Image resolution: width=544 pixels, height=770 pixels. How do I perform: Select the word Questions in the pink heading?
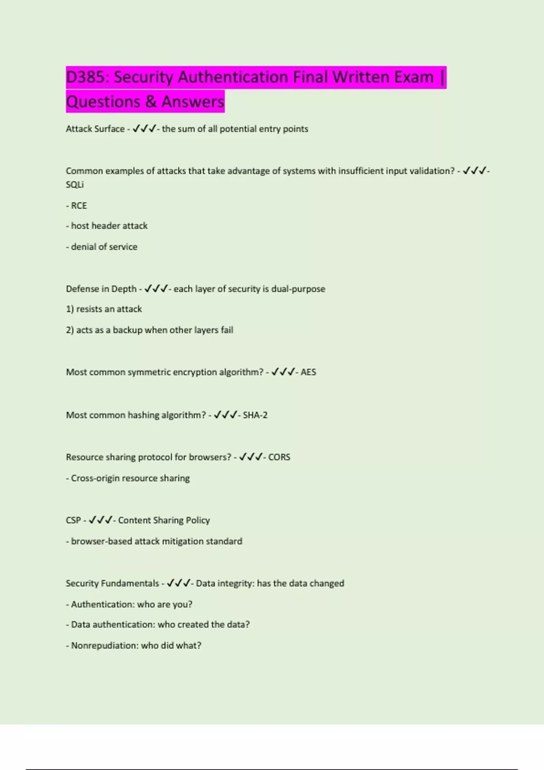tap(103, 102)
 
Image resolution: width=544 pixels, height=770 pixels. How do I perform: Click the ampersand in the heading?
tap(151, 102)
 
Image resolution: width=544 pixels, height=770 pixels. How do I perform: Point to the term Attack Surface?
tap(95, 129)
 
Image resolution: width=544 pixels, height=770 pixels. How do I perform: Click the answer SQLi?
tap(75, 185)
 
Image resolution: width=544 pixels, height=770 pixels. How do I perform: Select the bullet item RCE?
tap(79, 206)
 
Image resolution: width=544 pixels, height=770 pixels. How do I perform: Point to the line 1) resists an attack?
tap(104, 309)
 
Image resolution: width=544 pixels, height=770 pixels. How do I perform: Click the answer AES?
tap(308, 372)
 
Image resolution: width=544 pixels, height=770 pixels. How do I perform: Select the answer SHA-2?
tap(255, 415)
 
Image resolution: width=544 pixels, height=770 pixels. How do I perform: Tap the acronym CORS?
tap(279, 457)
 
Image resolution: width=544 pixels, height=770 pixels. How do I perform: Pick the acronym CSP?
tap(73, 520)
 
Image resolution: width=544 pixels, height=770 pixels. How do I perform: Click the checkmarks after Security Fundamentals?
tap(178, 583)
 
